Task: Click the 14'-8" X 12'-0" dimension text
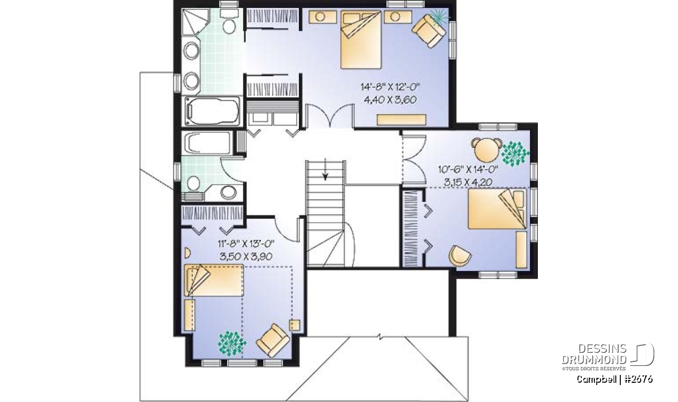coord(390,87)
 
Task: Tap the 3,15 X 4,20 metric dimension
coord(468,183)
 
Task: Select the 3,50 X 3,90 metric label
coord(246,257)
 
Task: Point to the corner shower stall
coord(195,22)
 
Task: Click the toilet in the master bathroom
coord(229,21)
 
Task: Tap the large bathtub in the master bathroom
coord(212,111)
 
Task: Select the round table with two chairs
coord(486,150)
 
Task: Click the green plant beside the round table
coord(515,154)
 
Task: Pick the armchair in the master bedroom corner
coord(429,31)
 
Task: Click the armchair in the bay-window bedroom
coord(273,340)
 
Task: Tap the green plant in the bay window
coord(232,344)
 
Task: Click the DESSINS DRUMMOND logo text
coord(594,354)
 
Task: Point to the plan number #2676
coord(639,379)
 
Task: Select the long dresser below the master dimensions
coord(401,120)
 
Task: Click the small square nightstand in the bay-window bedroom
coord(294,325)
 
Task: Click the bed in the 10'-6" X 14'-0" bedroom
coord(497,209)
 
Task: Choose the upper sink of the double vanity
coord(192,50)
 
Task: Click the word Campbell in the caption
coord(594,379)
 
